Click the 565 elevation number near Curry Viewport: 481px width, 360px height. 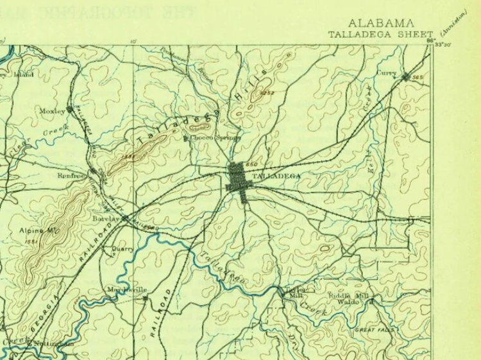418,78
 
